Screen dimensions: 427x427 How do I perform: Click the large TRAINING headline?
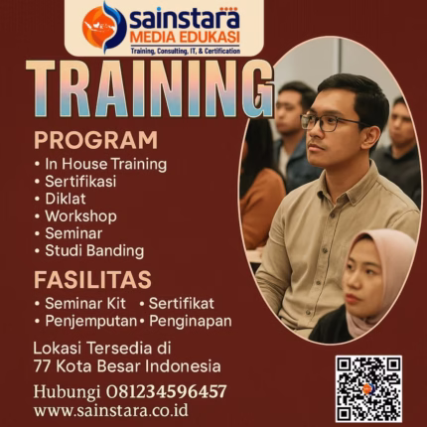coord(150,89)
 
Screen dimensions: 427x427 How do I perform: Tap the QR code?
coord(367,388)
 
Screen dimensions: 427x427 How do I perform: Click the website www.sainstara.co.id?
coord(110,409)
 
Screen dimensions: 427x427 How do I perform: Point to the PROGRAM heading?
coord(95,139)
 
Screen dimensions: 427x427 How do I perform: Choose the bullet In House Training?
coord(105,164)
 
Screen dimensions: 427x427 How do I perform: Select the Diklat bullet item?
coord(66,199)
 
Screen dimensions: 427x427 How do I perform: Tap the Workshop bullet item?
coord(79,215)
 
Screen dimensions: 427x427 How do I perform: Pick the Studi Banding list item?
coord(93,250)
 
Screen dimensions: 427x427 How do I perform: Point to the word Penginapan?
coord(189,321)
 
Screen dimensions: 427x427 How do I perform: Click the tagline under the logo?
coord(184,50)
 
